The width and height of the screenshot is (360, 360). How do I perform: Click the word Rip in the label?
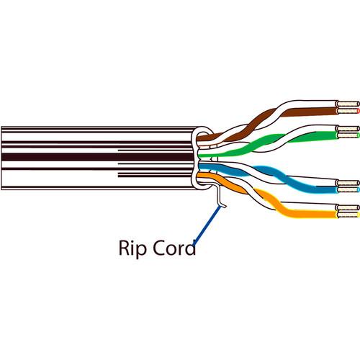(x=132, y=249)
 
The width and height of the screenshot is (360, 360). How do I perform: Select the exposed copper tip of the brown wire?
(x=348, y=112)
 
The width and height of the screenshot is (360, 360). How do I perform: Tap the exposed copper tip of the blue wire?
(x=348, y=189)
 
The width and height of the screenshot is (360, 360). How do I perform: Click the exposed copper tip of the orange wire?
(x=348, y=215)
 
